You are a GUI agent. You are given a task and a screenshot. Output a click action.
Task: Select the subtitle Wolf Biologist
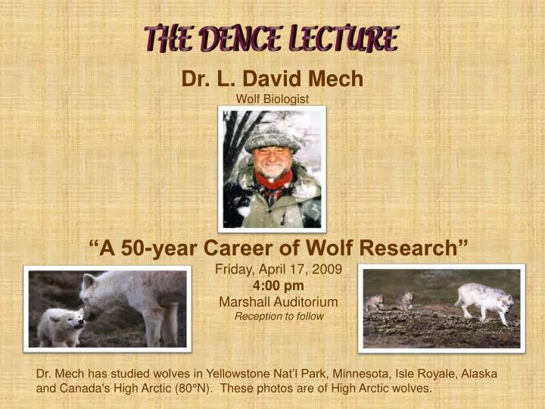point(272,98)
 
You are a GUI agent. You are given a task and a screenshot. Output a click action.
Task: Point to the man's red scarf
point(273,180)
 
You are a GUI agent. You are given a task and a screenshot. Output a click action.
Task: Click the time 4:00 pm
point(279,286)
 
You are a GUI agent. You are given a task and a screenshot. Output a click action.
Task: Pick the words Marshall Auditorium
point(279,301)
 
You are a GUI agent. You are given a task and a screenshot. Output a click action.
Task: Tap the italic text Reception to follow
point(279,317)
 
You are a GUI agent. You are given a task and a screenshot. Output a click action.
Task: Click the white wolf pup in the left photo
point(60,326)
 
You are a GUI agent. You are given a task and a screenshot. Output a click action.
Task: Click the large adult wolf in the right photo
point(484,300)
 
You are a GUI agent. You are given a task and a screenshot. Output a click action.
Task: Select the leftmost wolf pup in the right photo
point(374,304)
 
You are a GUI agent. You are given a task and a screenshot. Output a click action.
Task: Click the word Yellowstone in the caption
point(242,374)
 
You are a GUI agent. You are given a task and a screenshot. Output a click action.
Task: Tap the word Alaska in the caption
point(479,374)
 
